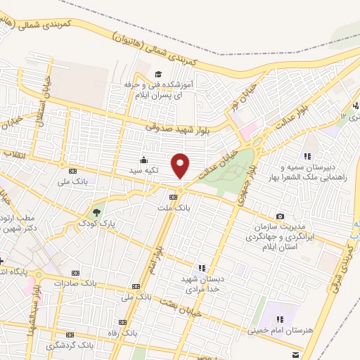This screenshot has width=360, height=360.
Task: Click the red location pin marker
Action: [x=181, y=165]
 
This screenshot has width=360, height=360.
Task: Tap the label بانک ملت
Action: [x=182, y=208]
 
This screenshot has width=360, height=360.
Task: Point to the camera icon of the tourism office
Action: [x=281, y=216]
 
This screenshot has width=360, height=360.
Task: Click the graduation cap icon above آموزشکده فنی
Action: [x=159, y=75]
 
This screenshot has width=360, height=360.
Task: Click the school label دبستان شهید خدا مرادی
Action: [x=203, y=283]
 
